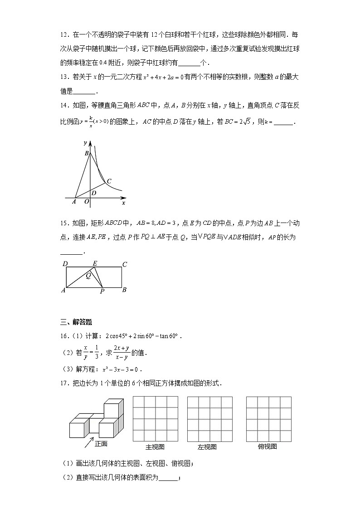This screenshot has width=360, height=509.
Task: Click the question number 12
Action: (x=64, y=34)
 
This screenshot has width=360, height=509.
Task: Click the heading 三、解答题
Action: (x=76, y=322)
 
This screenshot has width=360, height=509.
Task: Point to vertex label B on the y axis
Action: (x=86, y=153)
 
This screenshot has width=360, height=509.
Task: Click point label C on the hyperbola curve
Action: (x=109, y=181)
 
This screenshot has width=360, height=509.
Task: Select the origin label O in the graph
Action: (x=86, y=202)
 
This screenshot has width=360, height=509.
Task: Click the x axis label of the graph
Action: (x=123, y=203)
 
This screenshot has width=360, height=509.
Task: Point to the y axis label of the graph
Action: (x=85, y=143)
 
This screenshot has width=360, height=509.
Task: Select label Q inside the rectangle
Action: (x=89, y=275)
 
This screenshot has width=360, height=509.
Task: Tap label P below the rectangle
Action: (x=102, y=292)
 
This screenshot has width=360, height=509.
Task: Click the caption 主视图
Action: (x=155, y=447)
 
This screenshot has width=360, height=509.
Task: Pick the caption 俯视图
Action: (x=268, y=447)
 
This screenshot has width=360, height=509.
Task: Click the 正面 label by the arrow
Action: (x=101, y=444)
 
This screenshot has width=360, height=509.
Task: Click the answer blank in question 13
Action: (x=84, y=91)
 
